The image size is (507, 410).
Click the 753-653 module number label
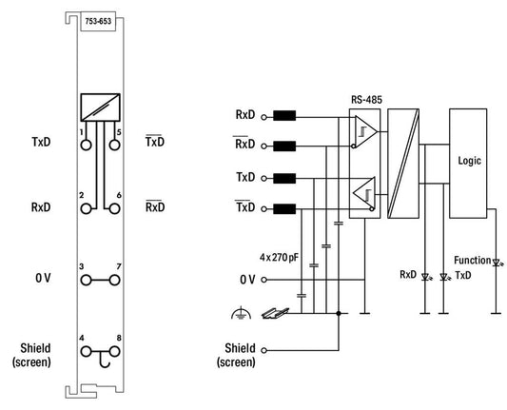pyautogui.click(x=98, y=21)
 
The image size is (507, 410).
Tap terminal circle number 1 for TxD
pyautogui.click(x=86, y=146)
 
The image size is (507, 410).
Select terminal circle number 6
pyautogui.click(x=114, y=209)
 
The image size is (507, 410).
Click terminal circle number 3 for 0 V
pyautogui.click(x=86, y=280)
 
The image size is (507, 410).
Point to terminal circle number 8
pyautogui.click(x=114, y=351)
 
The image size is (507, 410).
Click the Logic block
pyautogui.click(x=468, y=164)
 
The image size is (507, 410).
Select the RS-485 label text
pyautogui.click(x=366, y=100)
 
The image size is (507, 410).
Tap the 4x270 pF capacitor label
pyautogui.click(x=279, y=258)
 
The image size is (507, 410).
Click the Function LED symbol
pyautogui.click(x=497, y=263)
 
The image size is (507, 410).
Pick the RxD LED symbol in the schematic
pyautogui.click(x=425, y=277)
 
